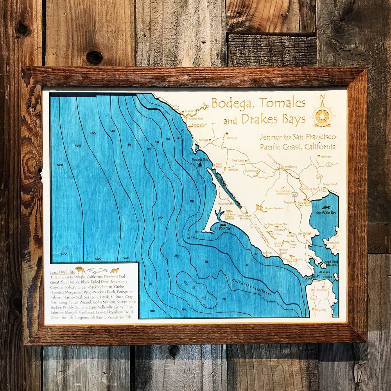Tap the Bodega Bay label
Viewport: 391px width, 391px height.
(x=200, y=160)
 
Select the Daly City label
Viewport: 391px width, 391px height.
(x=321, y=309)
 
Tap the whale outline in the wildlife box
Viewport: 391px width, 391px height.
(x=97, y=270)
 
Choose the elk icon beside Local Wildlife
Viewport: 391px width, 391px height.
(x=81, y=270)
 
